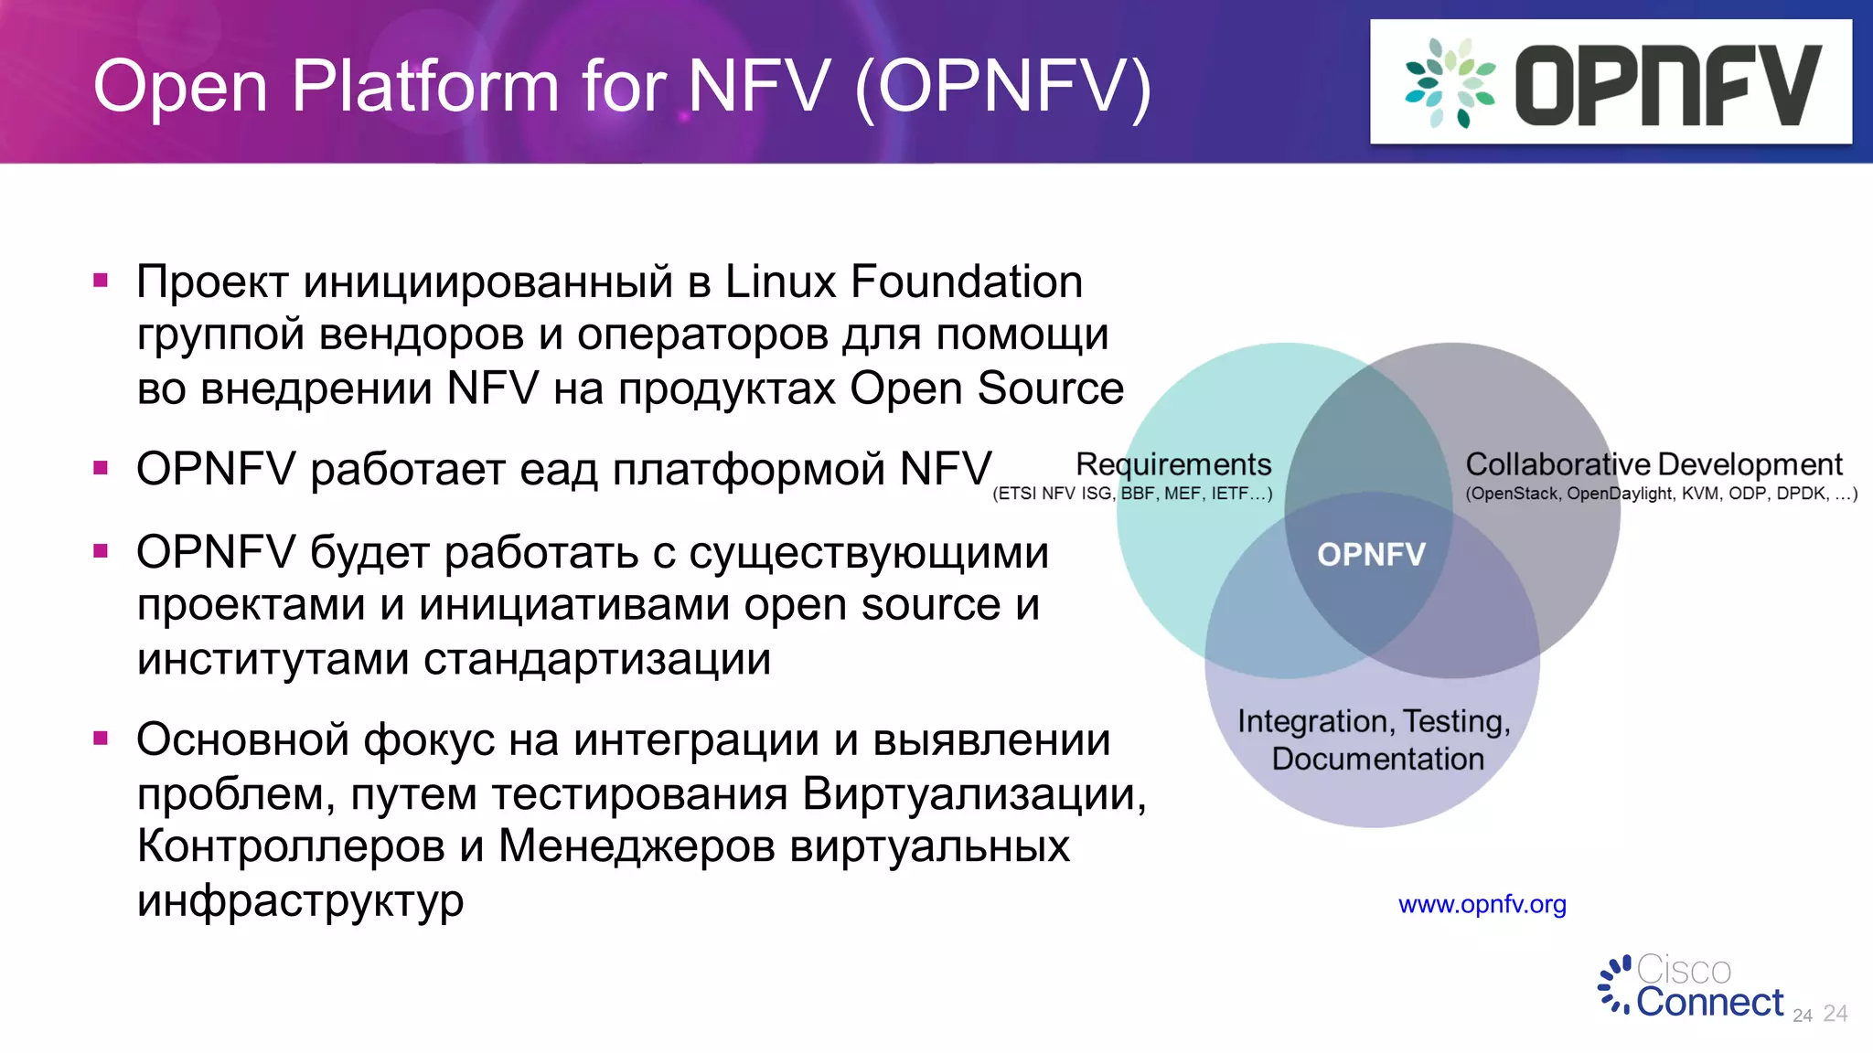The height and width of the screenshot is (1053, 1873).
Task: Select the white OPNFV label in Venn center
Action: [x=1371, y=554]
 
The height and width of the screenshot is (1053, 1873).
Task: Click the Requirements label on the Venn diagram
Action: [x=1173, y=464]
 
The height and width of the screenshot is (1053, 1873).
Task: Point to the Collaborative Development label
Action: [x=1654, y=464]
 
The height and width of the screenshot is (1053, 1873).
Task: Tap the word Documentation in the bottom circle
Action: [x=1377, y=759]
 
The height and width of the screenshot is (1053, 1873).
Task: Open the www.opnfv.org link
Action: [x=1482, y=904]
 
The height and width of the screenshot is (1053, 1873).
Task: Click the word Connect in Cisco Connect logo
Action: [x=1709, y=1003]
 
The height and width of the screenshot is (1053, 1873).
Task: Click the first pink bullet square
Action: [x=101, y=281]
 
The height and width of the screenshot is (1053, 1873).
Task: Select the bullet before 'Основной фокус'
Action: [x=101, y=738]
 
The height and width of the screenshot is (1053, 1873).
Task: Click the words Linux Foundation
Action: [x=904, y=282]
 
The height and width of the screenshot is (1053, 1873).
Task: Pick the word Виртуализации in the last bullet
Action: [x=973, y=793]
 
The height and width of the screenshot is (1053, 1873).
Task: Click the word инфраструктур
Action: [x=300, y=900]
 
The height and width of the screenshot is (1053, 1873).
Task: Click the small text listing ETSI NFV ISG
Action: [x=1132, y=494]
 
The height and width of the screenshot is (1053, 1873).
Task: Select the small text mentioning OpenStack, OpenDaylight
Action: [x=1661, y=494]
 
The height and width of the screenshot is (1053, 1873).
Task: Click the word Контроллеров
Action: [x=290, y=846]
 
